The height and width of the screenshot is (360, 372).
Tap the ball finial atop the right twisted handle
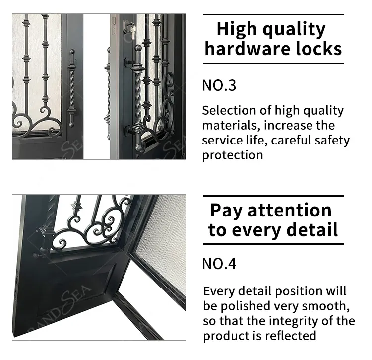click(x=138, y=49)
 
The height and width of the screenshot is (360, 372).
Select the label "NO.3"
click(x=219, y=85)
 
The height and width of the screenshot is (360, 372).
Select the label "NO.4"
click(x=219, y=263)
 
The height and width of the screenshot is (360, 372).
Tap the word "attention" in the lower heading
click(x=289, y=210)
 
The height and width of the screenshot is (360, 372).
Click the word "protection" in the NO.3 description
click(x=232, y=154)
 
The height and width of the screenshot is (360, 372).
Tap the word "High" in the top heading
click(x=235, y=29)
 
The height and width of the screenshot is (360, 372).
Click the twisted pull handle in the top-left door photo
click(x=72, y=89)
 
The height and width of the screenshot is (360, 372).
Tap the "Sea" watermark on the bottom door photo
click(x=74, y=303)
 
